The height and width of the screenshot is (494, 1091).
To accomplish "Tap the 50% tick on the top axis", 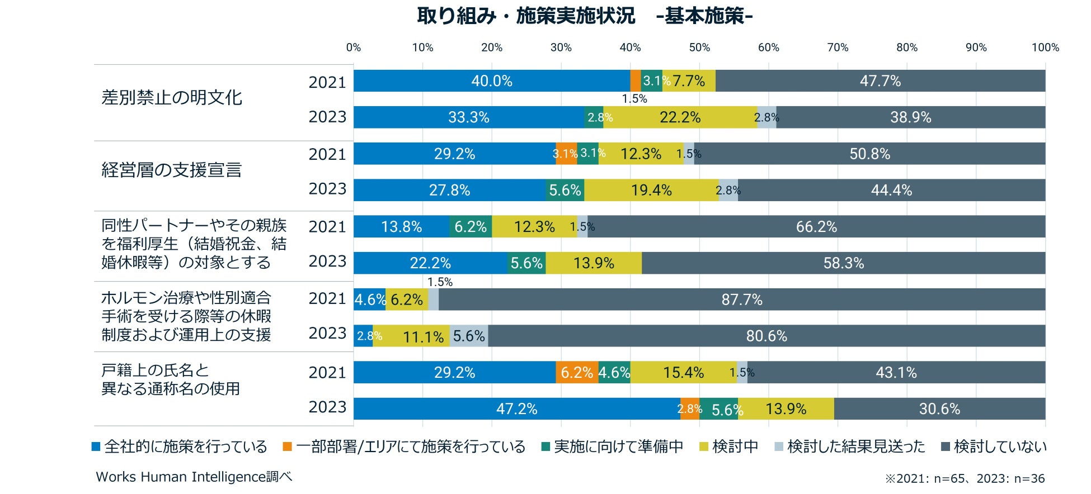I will [x=699, y=47].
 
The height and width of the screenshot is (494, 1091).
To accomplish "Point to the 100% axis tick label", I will [x=1045, y=47].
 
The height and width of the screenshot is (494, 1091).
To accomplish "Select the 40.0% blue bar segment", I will [x=491, y=81].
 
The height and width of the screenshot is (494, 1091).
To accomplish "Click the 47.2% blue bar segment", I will [x=516, y=408].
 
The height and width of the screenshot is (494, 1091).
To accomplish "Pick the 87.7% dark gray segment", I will [x=741, y=300].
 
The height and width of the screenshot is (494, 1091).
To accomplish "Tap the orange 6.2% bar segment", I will [x=577, y=372].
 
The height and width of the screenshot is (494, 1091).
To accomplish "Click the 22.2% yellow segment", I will [x=680, y=117].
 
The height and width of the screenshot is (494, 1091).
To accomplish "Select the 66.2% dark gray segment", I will [x=816, y=227].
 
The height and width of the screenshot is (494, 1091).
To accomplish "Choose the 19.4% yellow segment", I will [x=651, y=191].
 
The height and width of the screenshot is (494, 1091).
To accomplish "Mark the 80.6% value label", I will [x=766, y=336].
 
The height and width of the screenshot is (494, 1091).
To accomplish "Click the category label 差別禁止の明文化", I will [x=172, y=98].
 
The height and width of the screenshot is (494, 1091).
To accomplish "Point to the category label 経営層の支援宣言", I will [x=172, y=170].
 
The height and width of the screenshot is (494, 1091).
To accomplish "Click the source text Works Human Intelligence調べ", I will [x=194, y=477].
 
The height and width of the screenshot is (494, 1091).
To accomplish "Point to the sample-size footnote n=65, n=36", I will [x=965, y=478].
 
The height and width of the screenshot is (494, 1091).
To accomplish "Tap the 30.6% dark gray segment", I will [x=939, y=408].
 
